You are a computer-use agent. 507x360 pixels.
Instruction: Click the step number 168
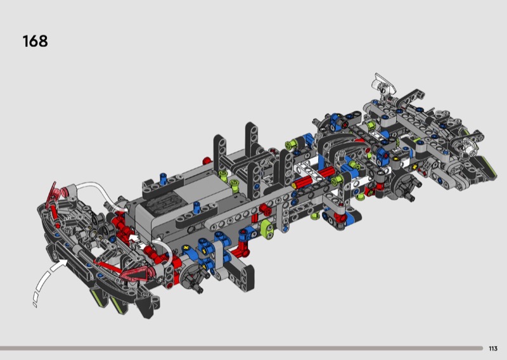(x=35, y=41)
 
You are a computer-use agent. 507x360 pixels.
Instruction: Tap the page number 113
(x=493, y=349)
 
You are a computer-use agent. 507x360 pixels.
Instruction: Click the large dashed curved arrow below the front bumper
(x=48, y=282)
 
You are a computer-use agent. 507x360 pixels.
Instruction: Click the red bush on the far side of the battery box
(x=207, y=161)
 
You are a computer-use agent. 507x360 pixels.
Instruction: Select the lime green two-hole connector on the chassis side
(x=266, y=228)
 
